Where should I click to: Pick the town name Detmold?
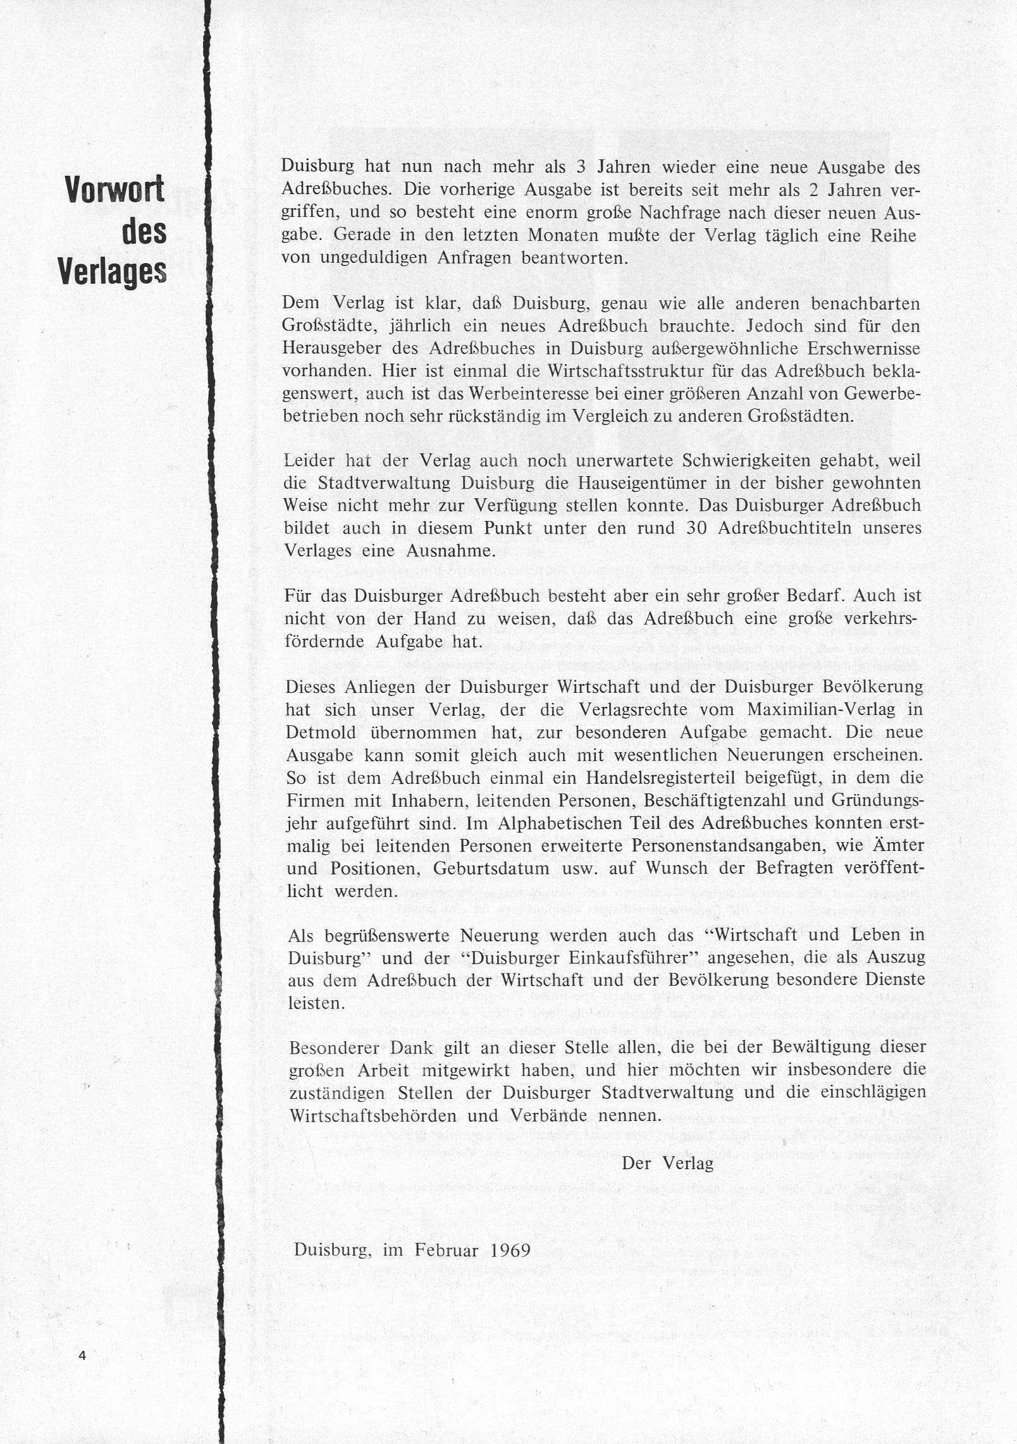tap(320, 732)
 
